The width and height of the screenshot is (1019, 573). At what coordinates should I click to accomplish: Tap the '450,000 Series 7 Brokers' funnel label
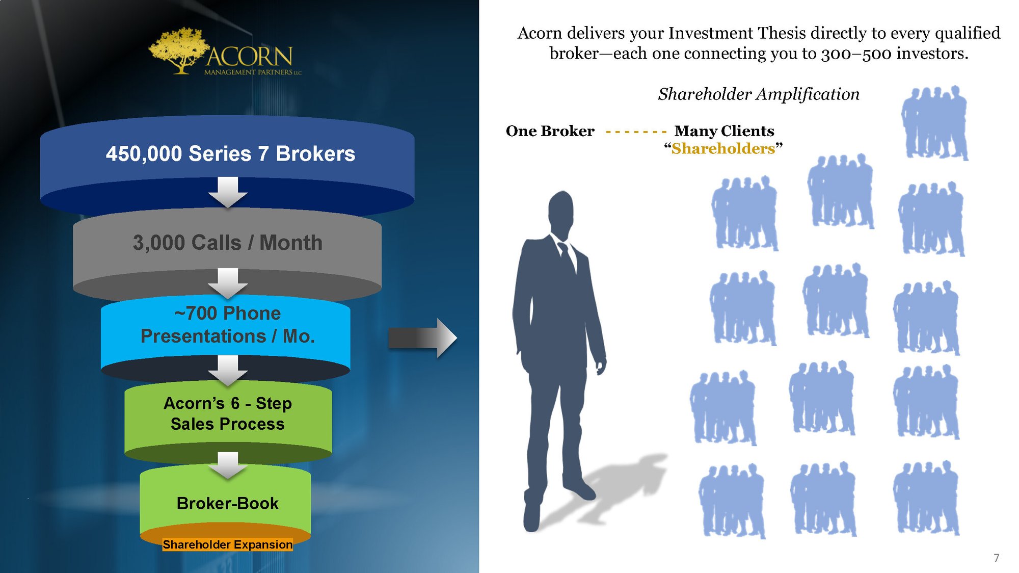(230, 153)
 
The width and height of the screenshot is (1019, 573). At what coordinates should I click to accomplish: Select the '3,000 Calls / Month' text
(228, 243)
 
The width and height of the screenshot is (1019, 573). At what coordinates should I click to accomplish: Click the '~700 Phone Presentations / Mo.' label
(227, 325)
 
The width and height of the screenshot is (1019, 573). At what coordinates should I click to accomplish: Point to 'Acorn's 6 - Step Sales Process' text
(228, 413)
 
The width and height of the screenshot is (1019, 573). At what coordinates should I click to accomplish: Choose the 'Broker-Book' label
(227, 503)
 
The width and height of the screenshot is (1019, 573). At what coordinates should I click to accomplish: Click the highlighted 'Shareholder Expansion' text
(227, 544)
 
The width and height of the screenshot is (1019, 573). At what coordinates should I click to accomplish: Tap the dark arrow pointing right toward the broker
(422, 338)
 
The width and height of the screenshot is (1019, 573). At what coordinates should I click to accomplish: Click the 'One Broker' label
(550, 131)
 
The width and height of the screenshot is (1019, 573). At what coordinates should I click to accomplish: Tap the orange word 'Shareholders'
(723, 148)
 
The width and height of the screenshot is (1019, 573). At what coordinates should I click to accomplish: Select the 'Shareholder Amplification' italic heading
(759, 94)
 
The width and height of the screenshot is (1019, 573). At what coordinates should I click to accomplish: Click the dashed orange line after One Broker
(636, 132)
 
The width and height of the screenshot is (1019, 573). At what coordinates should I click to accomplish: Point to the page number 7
(997, 558)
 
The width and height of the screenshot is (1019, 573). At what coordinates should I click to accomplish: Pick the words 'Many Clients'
(724, 131)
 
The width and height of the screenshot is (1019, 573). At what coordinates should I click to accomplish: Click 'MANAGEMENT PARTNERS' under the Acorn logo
(248, 72)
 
